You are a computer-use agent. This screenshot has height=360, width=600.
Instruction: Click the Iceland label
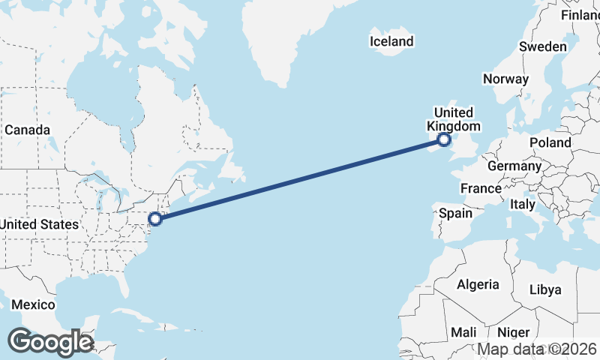[391, 41]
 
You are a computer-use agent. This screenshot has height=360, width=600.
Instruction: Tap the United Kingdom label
[454, 119]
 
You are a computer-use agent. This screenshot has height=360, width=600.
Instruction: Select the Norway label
[505, 79]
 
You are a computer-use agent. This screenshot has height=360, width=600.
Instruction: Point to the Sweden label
[542, 46]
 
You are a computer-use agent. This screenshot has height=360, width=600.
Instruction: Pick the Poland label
[550, 142]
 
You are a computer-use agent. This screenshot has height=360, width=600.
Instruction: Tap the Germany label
[514, 166]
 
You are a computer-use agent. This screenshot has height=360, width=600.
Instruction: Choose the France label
[481, 188]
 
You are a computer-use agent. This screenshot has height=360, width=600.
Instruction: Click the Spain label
[455, 213]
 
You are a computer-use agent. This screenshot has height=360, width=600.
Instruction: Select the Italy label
[523, 204]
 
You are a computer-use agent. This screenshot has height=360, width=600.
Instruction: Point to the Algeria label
[478, 284]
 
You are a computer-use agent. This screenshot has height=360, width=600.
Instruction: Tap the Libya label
[544, 289]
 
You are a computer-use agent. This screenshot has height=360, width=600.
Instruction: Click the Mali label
[463, 331]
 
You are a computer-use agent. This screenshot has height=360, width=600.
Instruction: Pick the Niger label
[514, 331]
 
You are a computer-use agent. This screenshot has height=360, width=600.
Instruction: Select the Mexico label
[33, 304]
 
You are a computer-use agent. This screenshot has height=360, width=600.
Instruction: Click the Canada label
[27, 130]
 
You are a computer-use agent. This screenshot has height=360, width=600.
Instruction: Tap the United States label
[39, 224]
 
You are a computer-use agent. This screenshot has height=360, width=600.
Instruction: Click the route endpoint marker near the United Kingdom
[444, 139]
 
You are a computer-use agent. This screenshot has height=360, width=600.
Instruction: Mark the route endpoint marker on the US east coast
[155, 219]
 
